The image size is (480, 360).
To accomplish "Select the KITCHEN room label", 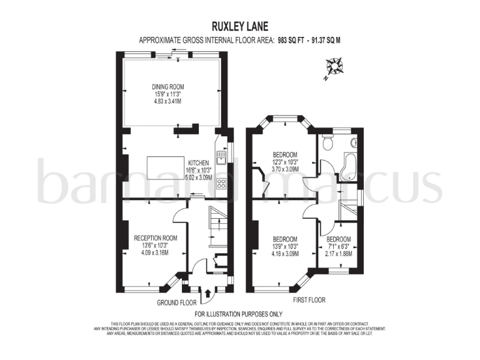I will point(196,162).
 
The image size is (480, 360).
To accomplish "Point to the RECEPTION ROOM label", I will point(156,238).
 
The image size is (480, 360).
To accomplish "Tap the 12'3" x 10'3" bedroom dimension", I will point(285,162).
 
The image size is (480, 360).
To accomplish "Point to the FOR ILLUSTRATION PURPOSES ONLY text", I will point(239,314).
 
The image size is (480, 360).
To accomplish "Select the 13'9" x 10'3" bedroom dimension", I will point(285,246).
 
